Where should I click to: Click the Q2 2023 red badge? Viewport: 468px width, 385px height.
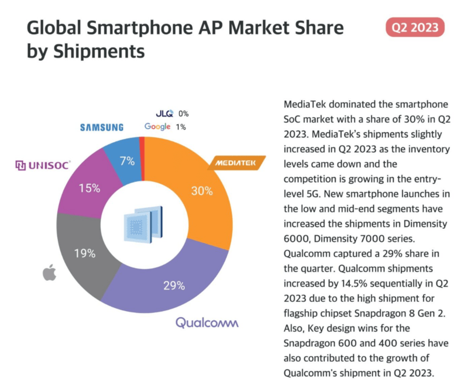click(415, 27)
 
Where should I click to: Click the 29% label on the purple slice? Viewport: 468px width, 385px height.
click(174, 286)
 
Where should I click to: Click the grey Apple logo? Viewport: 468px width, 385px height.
click(49, 274)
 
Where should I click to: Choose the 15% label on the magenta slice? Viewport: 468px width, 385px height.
click(90, 188)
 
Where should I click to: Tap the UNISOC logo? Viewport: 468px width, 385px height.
click(43, 166)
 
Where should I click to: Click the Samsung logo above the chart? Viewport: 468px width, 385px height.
click(102, 127)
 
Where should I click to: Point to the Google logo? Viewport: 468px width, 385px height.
click(157, 126)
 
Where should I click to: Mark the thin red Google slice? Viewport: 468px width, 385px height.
click(142, 142)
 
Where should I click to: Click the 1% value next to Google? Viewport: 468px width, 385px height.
click(181, 127)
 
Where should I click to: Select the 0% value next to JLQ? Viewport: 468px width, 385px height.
click(184, 114)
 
